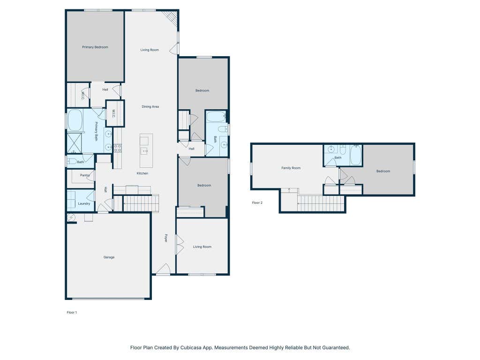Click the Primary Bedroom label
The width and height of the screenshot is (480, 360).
[95, 47]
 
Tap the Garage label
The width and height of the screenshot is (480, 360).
[109, 257]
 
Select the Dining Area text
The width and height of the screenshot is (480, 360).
[150, 106]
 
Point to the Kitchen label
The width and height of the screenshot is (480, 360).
[142, 173]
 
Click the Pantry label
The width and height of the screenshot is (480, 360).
[85, 175]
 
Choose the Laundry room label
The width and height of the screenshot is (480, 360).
[84, 203]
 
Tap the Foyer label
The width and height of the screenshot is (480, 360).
[166, 238]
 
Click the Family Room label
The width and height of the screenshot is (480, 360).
[291, 168]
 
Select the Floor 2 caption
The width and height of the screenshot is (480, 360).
[257, 202]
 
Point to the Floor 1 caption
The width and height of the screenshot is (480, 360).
[72, 312]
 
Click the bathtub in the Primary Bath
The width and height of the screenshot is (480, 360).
[75, 120]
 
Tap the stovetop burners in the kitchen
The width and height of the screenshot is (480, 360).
[118, 148]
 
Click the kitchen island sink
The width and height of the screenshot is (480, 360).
[144, 151]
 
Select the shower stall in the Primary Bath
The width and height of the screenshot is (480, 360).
[75, 142]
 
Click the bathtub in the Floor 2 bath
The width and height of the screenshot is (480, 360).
[356, 155]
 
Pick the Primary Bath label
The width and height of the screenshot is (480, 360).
[96, 131]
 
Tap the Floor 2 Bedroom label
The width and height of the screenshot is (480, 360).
[383, 171]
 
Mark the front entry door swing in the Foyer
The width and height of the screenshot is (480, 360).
[164, 268]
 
